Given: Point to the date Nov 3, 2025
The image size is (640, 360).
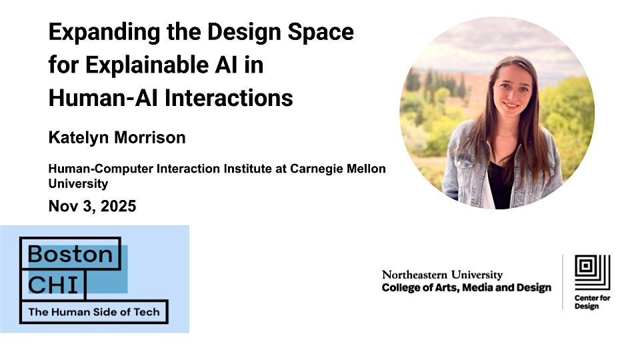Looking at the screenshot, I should point(92,206).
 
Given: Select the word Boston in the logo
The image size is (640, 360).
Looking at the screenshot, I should point(70,253).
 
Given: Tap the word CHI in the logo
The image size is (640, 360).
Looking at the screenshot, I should point(57,284).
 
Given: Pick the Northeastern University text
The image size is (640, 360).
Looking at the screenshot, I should point(442,275).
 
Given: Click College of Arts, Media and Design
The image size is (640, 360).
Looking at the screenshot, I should point(466,288).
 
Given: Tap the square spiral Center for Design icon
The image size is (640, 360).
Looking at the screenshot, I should point(592,272).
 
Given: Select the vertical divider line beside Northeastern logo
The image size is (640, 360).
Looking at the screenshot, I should point(563,281).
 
